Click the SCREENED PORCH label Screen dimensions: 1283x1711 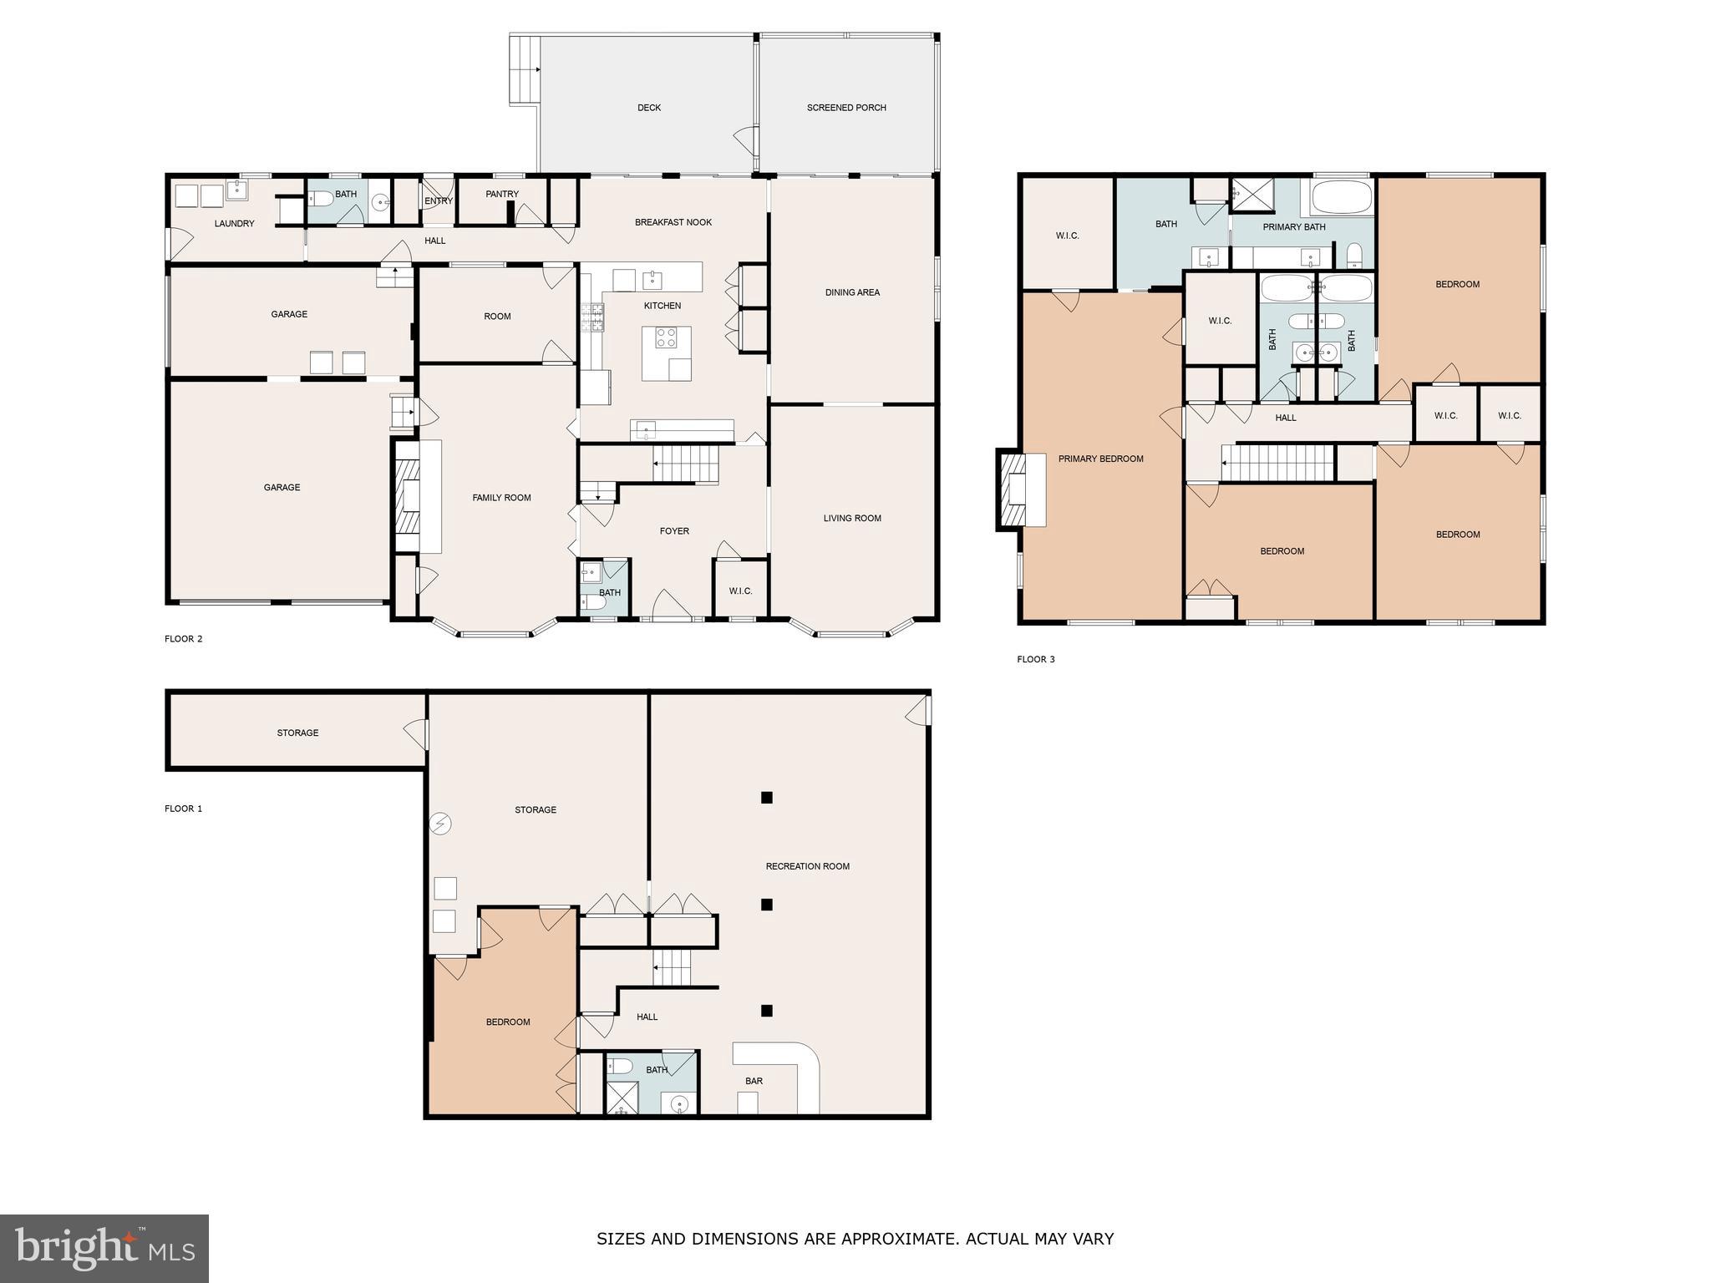click(846, 108)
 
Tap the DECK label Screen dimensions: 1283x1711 click(649, 108)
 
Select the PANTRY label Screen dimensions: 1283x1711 click(502, 194)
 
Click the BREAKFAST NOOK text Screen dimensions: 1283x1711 click(673, 222)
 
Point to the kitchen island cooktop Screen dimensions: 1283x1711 click(666, 337)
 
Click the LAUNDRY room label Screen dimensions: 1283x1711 click(234, 224)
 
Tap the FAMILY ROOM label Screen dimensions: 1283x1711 click(501, 498)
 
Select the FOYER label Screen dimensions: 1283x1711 click(674, 531)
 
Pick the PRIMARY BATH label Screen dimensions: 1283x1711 click(1294, 227)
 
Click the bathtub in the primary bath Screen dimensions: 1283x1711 click(1342, 198)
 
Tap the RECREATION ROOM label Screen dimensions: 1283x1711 click(807, 866)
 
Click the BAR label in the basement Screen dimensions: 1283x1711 click(754, 1081)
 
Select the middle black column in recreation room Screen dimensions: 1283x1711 click(766, 905)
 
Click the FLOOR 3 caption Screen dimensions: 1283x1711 click(1035, 660)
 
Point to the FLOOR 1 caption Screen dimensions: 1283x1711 click(183, 809)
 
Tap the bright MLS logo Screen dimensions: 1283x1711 click(104, 1248)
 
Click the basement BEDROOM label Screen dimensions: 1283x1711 click(508, 1022)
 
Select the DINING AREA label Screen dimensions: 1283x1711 click(852, 292)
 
